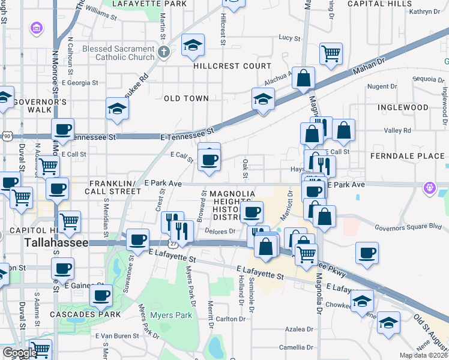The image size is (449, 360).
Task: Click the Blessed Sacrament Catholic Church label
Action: point(119,53)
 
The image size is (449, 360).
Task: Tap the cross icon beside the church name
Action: point(163,51)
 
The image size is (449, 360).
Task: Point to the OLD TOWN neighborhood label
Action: point(186,98)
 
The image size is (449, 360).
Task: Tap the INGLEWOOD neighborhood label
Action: point(403,107)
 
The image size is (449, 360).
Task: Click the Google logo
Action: point(20,352)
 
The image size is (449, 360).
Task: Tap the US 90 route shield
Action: point(6,137)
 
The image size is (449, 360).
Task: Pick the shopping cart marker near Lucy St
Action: point(331,54)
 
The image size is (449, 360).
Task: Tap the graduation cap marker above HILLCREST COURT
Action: point(192,46)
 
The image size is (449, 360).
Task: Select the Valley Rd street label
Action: point(397,130)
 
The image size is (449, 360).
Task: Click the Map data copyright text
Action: point(423,355)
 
